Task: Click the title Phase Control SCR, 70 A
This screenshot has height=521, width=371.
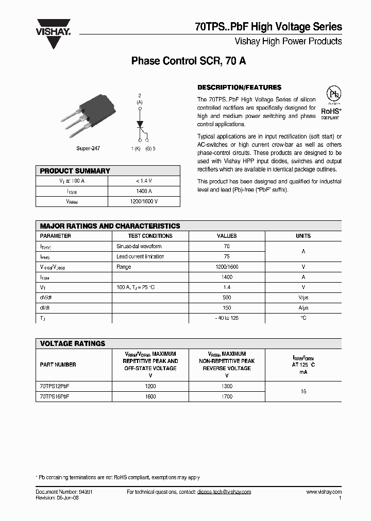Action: click(189, 61)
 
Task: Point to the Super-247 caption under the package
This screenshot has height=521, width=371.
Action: click(88, 148)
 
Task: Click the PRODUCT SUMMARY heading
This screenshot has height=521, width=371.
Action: click(75, 171)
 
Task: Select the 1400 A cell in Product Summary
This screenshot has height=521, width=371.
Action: click(144, 191)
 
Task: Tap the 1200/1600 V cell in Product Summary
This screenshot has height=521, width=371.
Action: click(144, 201)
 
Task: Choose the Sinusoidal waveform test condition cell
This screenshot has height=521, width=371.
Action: click(139, 246)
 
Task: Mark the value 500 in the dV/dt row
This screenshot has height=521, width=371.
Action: click(227, 298)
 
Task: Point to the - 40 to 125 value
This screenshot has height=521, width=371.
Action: click(227, 318)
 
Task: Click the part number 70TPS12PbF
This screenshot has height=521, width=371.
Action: click(55, 386)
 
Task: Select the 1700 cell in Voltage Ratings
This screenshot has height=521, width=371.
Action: click(227, 396)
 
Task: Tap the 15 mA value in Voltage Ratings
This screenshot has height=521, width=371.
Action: click(303, 391)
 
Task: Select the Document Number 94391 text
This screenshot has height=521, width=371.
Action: click(64, 492)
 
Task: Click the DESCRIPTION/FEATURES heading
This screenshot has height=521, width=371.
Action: click(240, 88)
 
